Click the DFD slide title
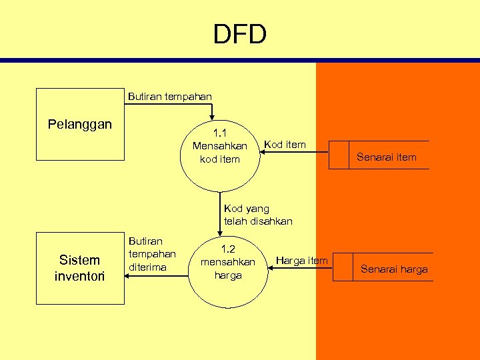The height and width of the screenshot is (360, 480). [239, 34]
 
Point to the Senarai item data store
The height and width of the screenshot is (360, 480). [386, 157]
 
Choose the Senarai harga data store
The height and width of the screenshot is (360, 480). [394, 269]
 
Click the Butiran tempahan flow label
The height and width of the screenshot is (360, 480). [169, 97]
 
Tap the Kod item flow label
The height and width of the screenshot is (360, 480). [285, 144]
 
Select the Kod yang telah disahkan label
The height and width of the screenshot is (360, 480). [258, 215]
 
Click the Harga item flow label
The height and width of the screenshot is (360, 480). [301, 260]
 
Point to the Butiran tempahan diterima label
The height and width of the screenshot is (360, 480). [152, 254]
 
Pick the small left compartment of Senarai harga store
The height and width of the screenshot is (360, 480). [342, 267]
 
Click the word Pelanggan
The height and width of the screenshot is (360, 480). [80, 125]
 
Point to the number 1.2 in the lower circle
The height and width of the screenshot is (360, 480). [227, 247]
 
